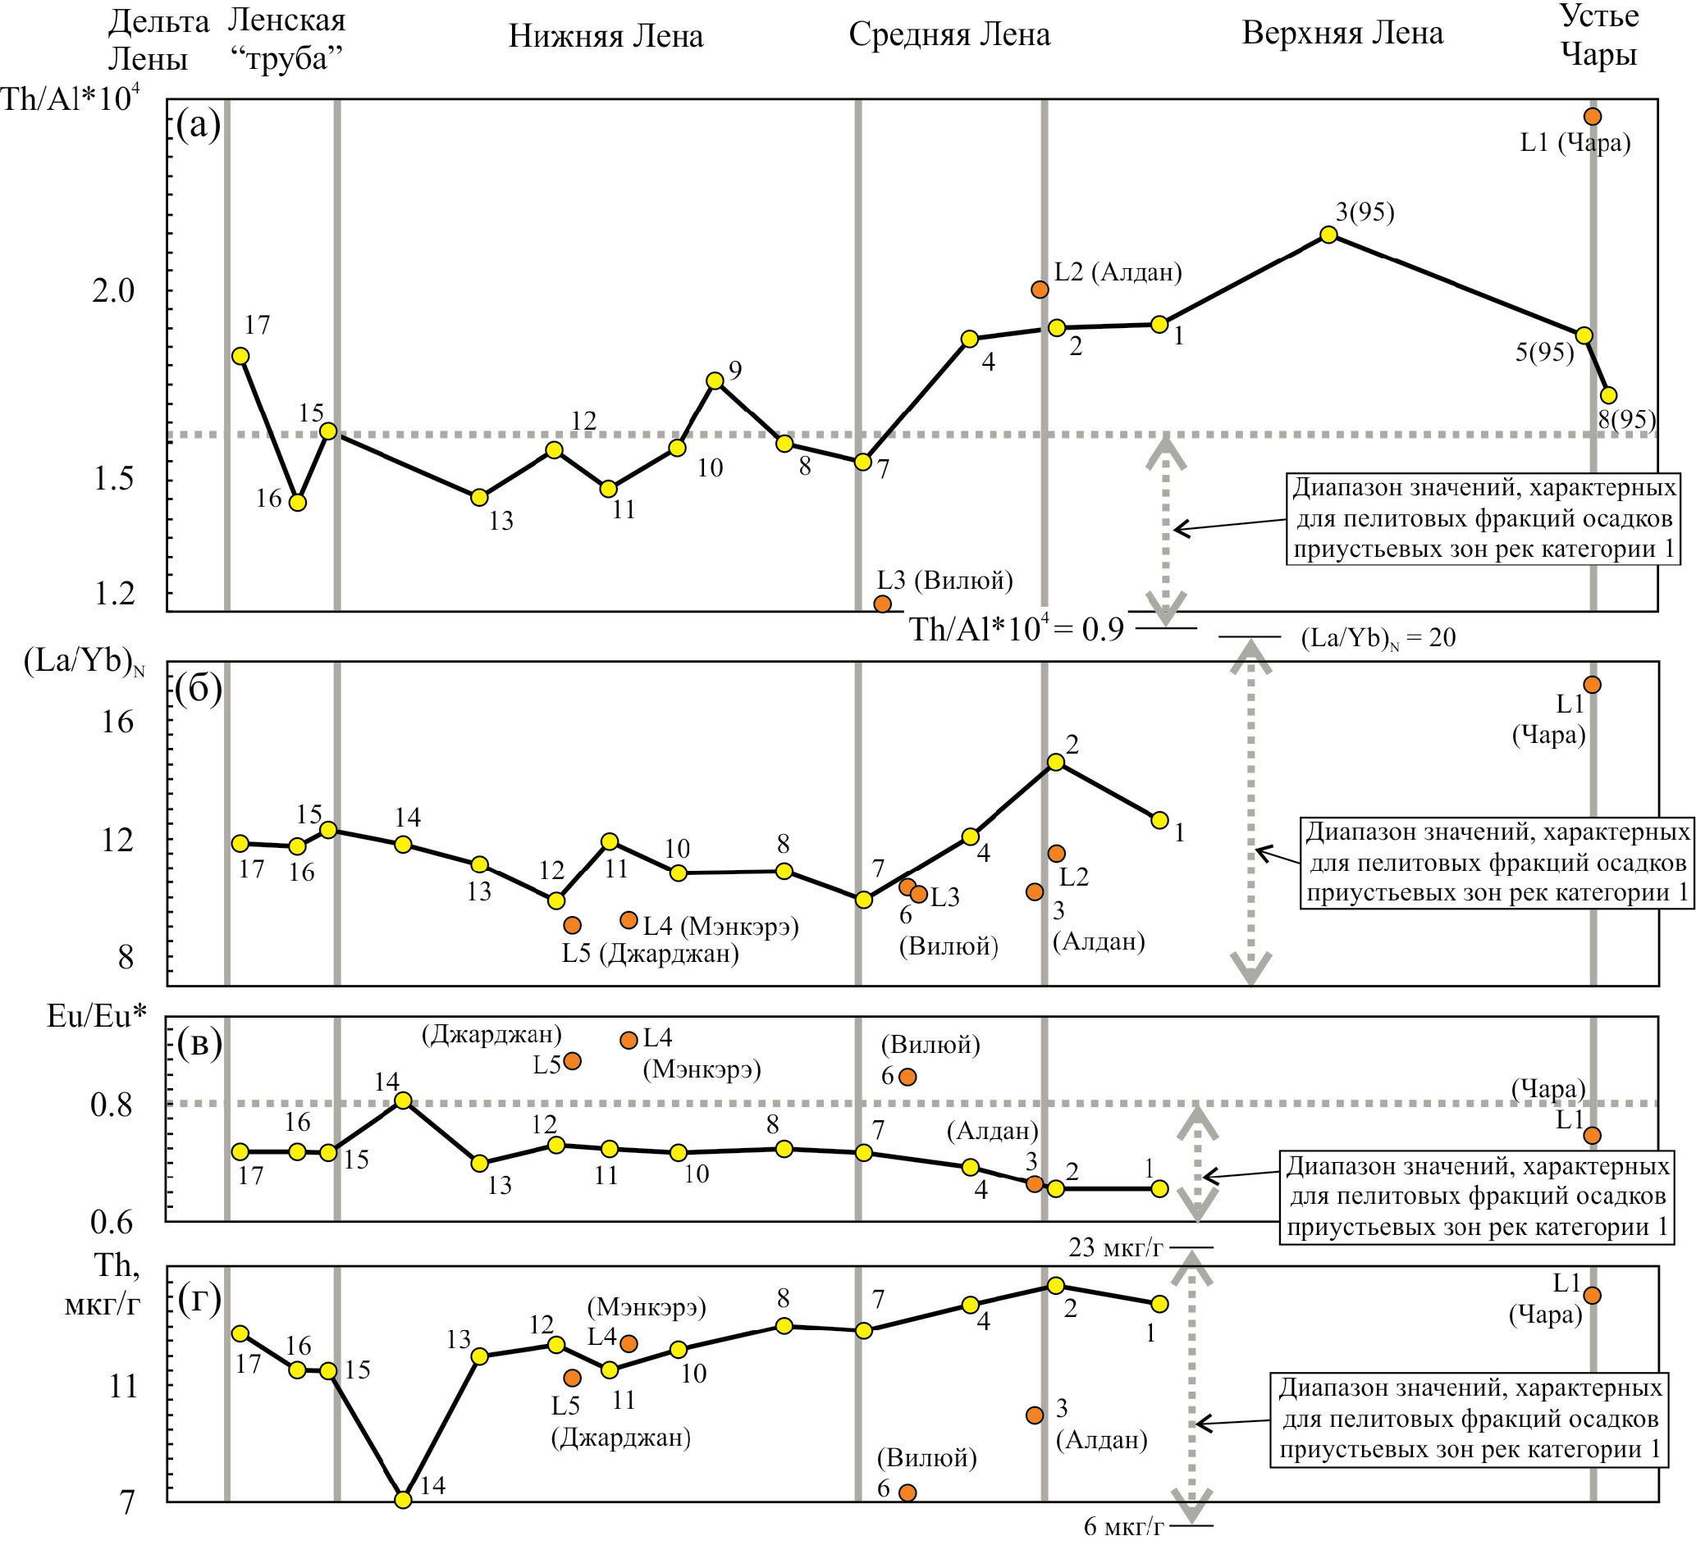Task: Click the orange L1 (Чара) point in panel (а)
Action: click(1593, 116)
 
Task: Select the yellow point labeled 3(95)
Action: click(1328, 235)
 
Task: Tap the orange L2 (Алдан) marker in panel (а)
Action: click(1040, 289)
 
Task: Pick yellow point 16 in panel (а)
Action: click(297, 503)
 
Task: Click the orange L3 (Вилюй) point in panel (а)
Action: click(883, 604)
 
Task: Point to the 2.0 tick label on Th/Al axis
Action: click(112, 291)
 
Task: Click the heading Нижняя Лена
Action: click(606, 36)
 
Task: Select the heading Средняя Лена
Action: click(949, 34)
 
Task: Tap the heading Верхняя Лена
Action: click(1342, 34)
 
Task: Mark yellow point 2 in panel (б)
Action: click(1056, 762)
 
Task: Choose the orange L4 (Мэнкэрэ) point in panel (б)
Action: click(629, 920)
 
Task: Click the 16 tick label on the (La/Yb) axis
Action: click(117, 722)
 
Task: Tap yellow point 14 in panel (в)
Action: click(403, 1100)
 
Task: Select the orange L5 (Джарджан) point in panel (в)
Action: click(572, 1061)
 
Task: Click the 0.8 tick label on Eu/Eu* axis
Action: click(111, 1105)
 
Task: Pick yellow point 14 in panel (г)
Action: click(403, 1500)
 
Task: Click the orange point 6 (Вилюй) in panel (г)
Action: click(907, 1492)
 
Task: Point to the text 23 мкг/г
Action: click(1116, 1248)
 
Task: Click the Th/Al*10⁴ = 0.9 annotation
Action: click(1017, 629)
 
